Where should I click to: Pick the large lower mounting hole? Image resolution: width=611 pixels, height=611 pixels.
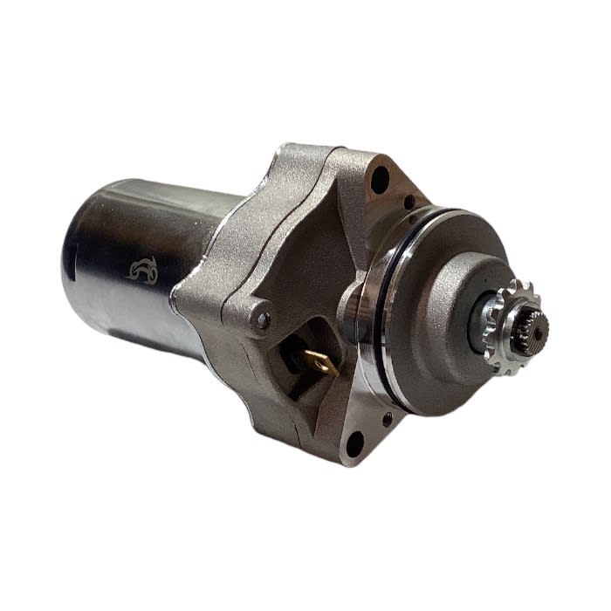[x=354, y=446]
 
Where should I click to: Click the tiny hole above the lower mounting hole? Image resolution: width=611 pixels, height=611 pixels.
[x=386, y=419]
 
